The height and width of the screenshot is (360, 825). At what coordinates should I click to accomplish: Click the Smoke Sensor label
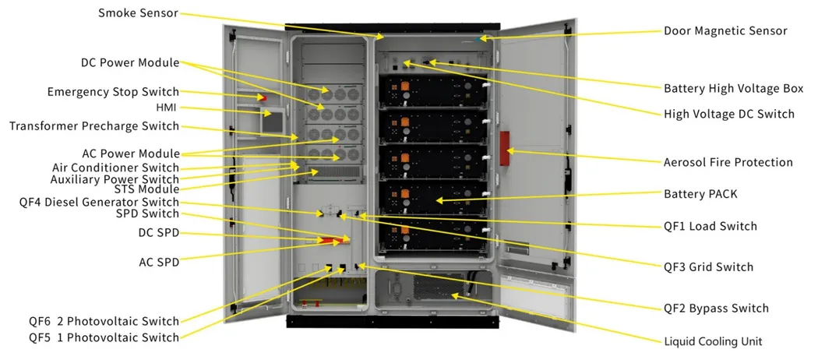(x=139, y=13)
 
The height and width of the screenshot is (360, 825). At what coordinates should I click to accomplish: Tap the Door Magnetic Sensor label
(x=725, y=30)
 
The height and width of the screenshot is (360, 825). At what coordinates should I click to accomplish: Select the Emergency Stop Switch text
(x=113, y=92)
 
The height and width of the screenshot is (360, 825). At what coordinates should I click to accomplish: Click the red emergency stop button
(x=263, y=97)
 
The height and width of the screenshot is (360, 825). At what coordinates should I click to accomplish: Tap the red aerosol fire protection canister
(x=505, y=148)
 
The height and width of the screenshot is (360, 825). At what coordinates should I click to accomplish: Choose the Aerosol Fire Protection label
(x=728, y=162)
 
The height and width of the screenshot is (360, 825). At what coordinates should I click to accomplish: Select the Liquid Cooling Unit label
(x=713, y=341)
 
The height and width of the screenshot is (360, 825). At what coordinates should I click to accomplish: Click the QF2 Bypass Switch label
(x=716, y=309)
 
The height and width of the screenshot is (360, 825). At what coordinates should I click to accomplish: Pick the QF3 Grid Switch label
(x=708, y=266)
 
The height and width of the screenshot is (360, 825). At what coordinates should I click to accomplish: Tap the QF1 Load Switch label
(x=710, y=226)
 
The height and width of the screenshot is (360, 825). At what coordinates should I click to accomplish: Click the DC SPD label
(x=158, y=233)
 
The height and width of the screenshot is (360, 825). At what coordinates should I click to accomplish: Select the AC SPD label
(x=159, y=262)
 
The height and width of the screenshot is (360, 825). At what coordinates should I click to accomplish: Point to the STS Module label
(x=146, y=189)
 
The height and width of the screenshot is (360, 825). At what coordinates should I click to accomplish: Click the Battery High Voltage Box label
(x=733, y=88)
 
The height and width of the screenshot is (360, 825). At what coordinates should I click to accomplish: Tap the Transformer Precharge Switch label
(x=94, y=126)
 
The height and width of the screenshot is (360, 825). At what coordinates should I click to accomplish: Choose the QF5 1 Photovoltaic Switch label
(x=104, y=337)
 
